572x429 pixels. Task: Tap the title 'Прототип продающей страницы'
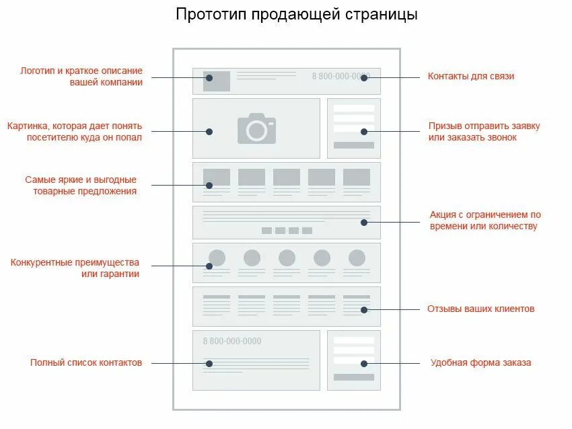point(297,14)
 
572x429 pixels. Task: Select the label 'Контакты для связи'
point(470,76)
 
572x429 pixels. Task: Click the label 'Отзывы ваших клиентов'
point(480,309)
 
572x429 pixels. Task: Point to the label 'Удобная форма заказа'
point(480,362)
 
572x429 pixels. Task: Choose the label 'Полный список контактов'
point(86,362)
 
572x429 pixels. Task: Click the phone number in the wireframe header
point(341,76)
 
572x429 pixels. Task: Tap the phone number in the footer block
point(232,341)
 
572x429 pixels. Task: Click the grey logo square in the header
point(217,81)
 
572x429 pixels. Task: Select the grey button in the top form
point(353,145)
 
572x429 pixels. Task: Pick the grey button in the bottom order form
point(353,377)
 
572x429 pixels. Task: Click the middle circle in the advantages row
point(287,258)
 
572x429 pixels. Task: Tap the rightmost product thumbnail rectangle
point(357,177)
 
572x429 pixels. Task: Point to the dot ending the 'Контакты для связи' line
point(363,78)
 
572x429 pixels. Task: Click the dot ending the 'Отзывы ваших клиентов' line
point(363,310)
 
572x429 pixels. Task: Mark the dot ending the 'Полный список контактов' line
point(209,364)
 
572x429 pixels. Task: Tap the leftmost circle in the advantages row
point(217,258)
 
